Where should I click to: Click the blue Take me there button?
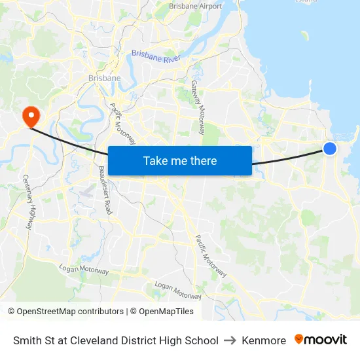(x=180, y=160)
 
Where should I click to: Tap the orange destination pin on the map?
(x=30, y=116)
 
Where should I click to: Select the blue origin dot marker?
(x=330, y=149)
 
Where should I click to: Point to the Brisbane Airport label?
(x=195, y=7)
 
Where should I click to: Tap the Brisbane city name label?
(x=104, y=79)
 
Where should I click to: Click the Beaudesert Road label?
(x=105, y=190)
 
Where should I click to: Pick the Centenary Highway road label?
(x=27, y=202)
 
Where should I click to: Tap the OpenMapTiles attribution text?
(x=166, y=312)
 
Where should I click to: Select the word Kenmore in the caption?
(x=264, y=340)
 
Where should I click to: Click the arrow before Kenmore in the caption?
(x=230, y=340)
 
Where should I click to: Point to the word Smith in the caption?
(x=26, y=340)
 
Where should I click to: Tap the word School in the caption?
(x=203, y=340)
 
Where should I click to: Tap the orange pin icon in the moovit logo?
(x=299, y=340)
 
